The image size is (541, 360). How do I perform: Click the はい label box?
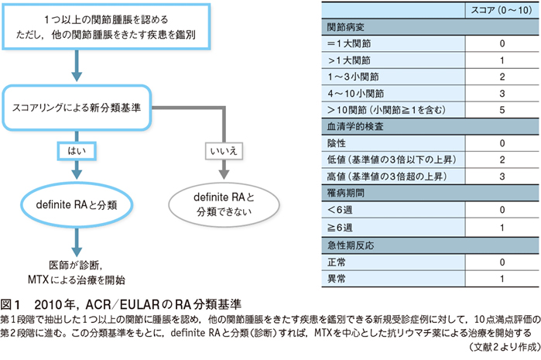tap(77, 151)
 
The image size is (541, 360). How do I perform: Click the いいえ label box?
tap(224, 151)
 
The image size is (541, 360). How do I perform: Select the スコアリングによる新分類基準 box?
tap(77, 108)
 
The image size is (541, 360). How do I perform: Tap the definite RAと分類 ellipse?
tap(77, 204)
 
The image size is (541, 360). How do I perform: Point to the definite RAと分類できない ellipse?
tap(224, 204)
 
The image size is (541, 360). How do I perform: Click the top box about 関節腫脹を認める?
tap(106, 27)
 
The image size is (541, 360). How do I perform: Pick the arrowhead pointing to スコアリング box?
tap(77, 77)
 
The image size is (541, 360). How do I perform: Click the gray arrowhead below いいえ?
tap(224, 174)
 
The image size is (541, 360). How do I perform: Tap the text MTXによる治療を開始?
tap(77, 279)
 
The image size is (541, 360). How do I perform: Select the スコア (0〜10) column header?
tap(502, 10)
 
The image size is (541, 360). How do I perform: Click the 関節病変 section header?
tap(346, 27)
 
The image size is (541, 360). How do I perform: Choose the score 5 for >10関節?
tap(502, 110)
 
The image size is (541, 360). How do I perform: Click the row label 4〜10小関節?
tap(356, 94)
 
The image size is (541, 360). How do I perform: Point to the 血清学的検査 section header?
tap(355, 127)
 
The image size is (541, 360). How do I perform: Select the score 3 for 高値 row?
tap(502, 177)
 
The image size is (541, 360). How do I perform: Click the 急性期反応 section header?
tap(351, 245)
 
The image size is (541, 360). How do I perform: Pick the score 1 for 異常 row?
tap(502, 279)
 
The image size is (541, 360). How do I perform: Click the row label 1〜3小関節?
tap(353, 77)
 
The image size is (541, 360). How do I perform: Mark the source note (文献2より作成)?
tap(504, 347)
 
